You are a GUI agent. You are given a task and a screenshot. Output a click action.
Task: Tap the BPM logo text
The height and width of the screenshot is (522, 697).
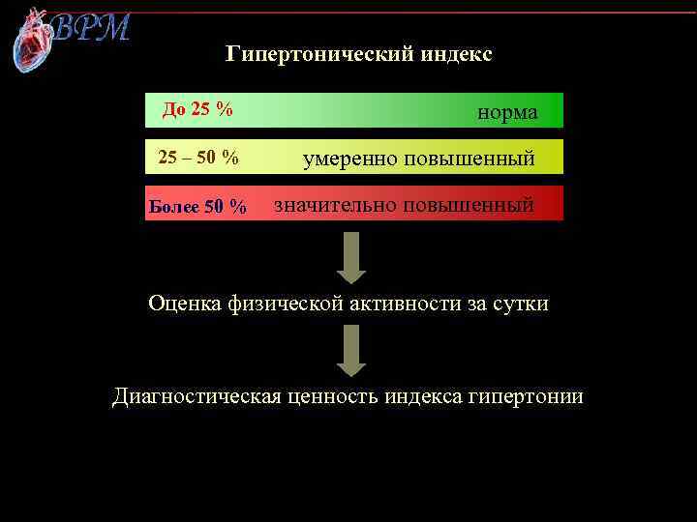(x=90, y=27)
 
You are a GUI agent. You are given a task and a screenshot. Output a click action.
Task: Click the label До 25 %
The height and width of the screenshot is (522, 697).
(x=197, y=108)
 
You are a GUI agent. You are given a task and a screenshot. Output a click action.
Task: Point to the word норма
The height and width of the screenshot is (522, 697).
(x=507, y=112)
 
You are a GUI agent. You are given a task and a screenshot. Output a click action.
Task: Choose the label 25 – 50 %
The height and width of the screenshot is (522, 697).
(x=198, y=157)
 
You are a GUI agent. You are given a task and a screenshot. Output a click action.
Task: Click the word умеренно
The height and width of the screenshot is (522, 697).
(x=350, y=158)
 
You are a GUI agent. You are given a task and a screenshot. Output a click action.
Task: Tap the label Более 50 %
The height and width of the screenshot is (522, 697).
(x=197, y=207)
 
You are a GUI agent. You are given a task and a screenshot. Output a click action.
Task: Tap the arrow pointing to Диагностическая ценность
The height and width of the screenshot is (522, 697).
(x=350, y=350)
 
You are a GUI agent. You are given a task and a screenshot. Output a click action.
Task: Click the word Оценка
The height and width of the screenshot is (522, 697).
(x=185, y=304)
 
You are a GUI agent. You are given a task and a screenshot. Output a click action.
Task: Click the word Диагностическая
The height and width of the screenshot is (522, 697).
(x=197, y=396)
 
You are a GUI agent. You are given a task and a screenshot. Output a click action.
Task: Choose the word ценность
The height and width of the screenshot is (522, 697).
(x=330, y=396)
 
